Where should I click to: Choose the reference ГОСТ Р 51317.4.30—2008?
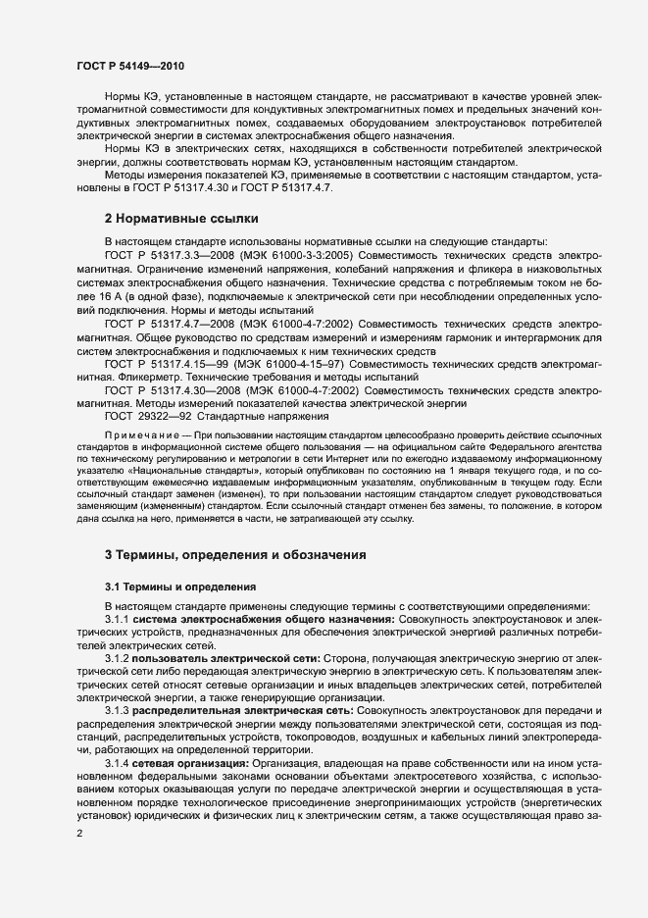point(169,389)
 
